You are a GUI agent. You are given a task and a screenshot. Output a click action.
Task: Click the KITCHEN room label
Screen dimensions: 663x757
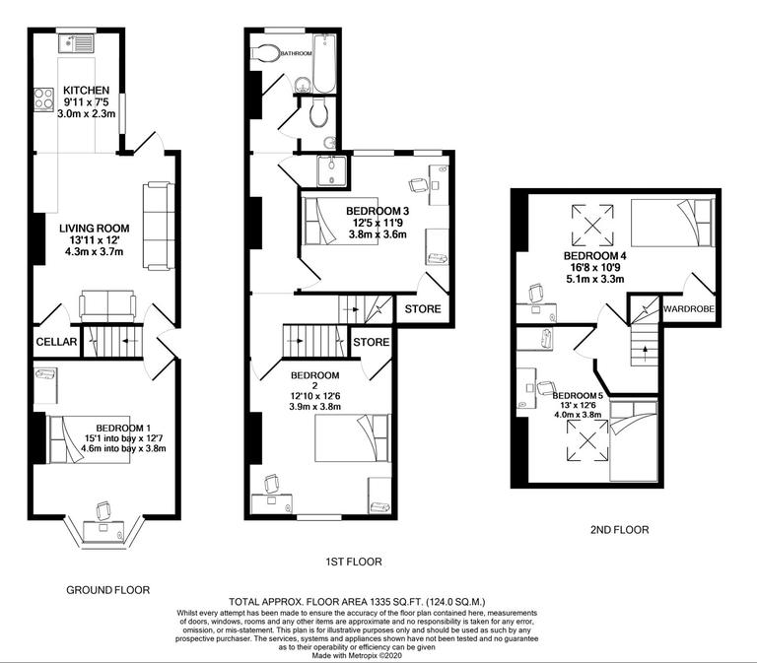click(x=87, y=90)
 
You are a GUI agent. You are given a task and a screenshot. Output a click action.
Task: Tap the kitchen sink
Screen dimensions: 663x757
click(x=75, y=42)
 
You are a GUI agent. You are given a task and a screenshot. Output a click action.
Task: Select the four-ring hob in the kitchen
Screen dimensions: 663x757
click(x=44, y=99)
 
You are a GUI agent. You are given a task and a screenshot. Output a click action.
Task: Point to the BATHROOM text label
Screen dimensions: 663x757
click(x=297, y=52)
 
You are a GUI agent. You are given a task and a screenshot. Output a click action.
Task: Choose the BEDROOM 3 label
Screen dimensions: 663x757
click(x=378, y=211)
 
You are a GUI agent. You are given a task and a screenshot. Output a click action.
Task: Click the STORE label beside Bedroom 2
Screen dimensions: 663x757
click(x=372, y=344)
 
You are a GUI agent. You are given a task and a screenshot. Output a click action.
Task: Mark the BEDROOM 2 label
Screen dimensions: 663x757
click(x=315, y=374)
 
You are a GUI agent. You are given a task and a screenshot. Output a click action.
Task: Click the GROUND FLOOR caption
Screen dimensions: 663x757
click(x=108, y=591)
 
